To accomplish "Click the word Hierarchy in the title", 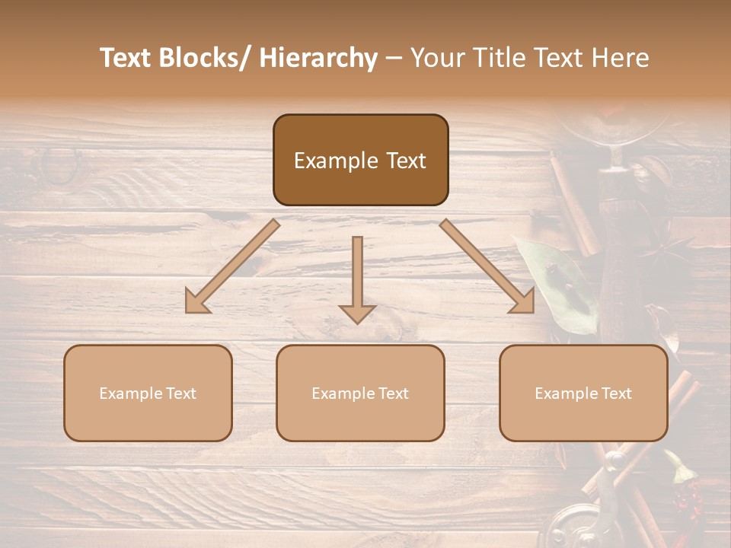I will point(318,58).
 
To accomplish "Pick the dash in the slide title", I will point(394,59).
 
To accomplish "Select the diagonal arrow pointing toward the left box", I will point(232,266).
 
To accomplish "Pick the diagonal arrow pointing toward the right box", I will point(487,266).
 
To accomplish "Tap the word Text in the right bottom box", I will point(615,393).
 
